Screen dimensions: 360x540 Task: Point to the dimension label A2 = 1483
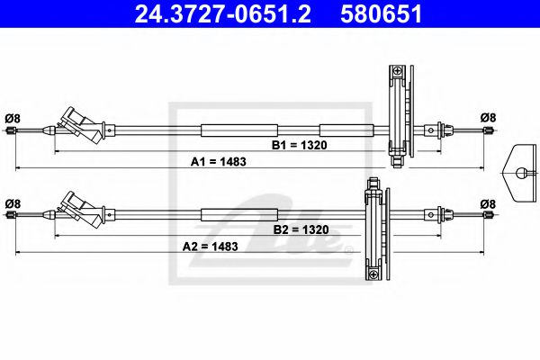click(x=210, y=246)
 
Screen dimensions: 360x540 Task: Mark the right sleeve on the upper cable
click(x=345, y=130)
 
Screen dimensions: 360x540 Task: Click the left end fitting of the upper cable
click(x=12, y=131)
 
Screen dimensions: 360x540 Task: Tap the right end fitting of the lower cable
click(x=488, y=216)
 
